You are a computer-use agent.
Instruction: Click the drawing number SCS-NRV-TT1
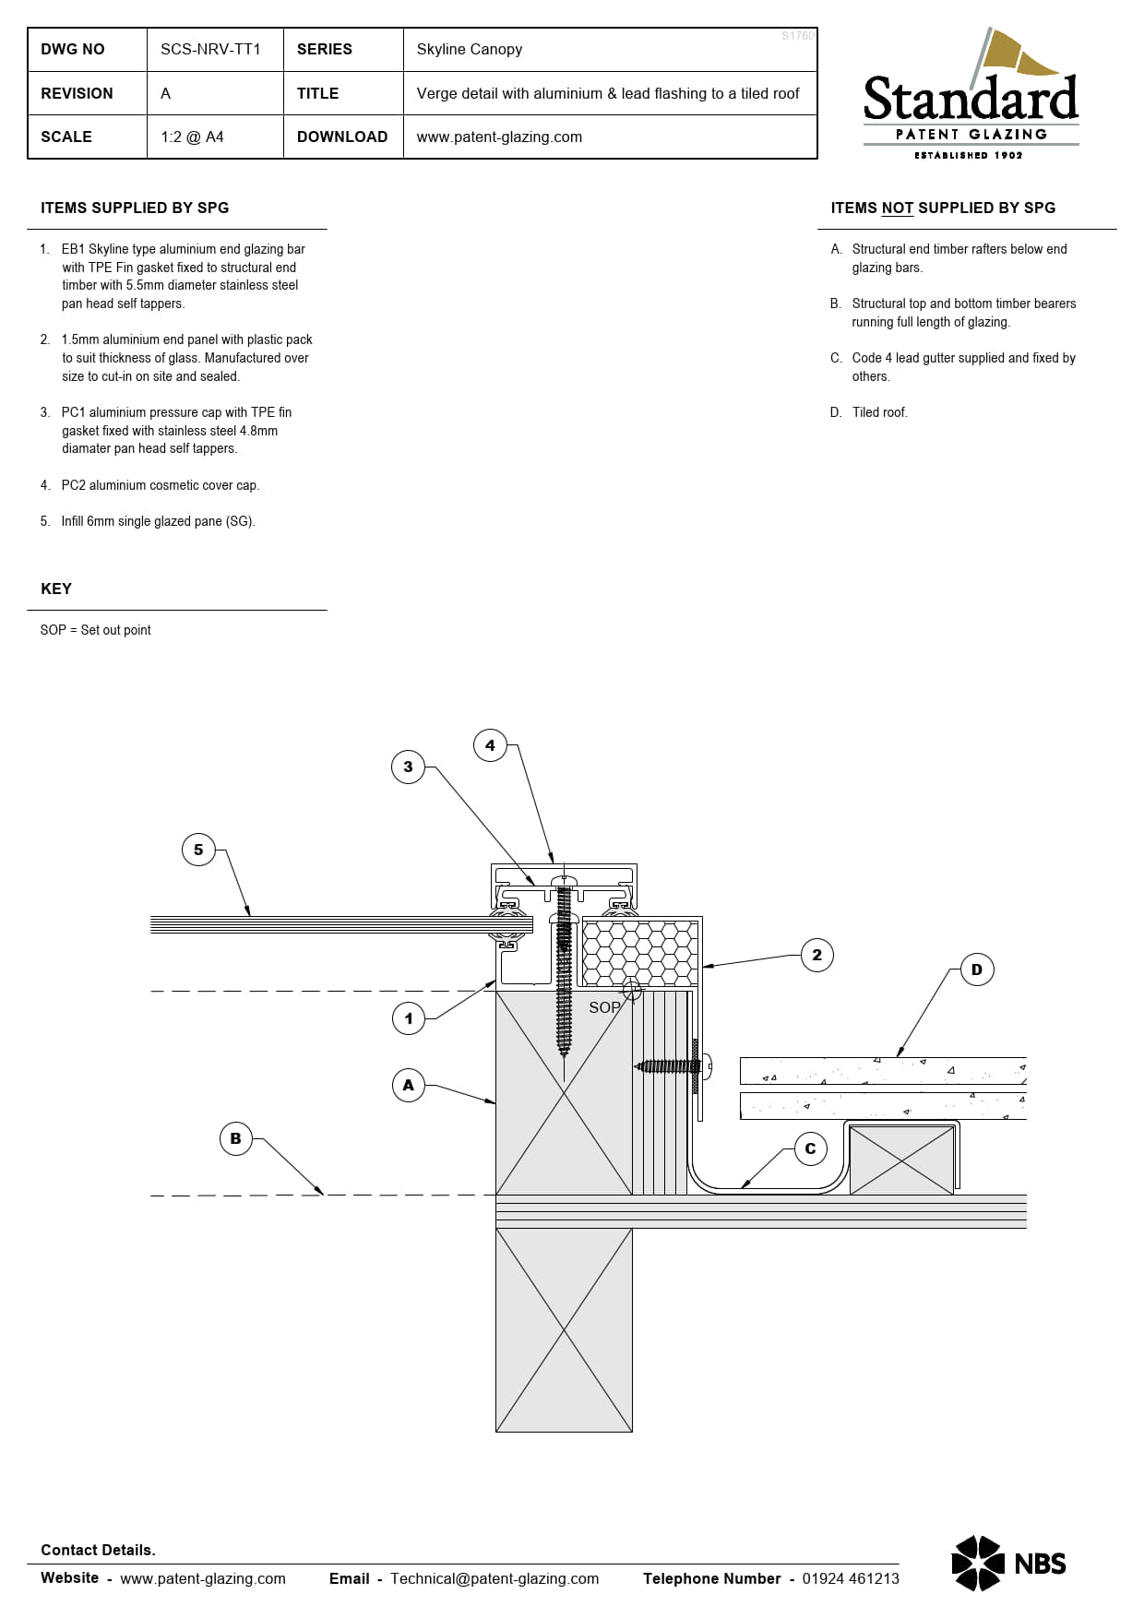click(x=210, y=50)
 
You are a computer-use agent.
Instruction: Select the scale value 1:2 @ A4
click(x=192, y=137)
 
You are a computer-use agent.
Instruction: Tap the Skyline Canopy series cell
click(x=469, y=50)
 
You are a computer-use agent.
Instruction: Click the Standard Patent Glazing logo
click(x=971, y=97)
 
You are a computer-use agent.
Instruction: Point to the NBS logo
click(x=1008, y=1564)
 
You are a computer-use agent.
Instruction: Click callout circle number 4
click(x=490, y=745)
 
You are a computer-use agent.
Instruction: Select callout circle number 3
click(x=408, y=767)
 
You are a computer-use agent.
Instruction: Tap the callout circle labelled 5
click(x=198, y=850)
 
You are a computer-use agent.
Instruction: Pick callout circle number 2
click(x=816, y=955)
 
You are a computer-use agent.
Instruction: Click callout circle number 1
click(x=409, y=1018)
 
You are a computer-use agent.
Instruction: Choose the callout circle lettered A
click(x=409, y=1085)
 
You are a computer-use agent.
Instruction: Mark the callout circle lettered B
click(x=235, y=1138)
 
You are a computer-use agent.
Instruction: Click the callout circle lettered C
click(x=810, y=1148)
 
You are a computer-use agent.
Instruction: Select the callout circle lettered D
click(x=977, y=970)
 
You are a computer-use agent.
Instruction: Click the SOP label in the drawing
click(x=604, y=1007)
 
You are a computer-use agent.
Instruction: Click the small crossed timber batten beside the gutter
click(x=901, y=1160)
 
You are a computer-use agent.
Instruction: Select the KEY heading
click(x=56, y=589)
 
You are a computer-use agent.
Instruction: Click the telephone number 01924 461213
click(x=850, y=1578)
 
